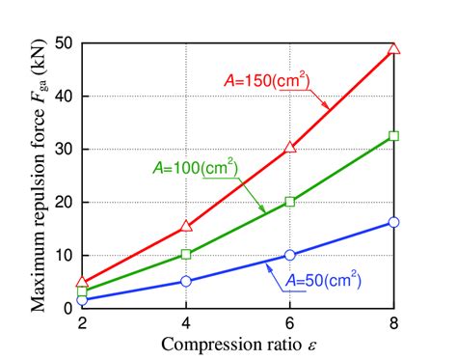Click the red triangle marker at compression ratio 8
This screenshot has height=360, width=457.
(x=393, y=48)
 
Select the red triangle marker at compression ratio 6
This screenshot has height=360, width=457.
(x=289, y=148)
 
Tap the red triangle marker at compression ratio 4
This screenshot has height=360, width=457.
(x=186, y=227)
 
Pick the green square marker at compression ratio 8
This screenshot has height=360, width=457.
(x=393, y=136)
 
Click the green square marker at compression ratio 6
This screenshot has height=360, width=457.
(x=289, y=202)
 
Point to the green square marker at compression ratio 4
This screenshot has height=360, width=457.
(x=186, y=255)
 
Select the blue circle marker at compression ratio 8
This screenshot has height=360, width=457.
(x=393, y=222)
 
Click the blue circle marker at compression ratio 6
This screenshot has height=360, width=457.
(x=289, y=256)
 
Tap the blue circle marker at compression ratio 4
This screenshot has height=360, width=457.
(x=186, y=281)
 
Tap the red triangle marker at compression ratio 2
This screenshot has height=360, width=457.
(x=83, y=283)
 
